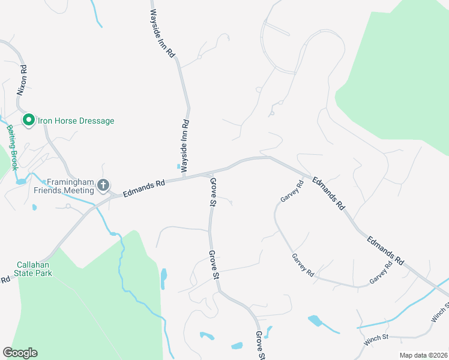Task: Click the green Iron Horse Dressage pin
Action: pos(28,121)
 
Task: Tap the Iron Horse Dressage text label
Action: pos(76,121)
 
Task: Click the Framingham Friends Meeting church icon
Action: pos(103,184)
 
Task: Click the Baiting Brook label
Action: pos(11,145)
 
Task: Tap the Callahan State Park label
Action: pos(34,268)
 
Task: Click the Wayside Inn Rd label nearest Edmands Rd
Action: pos(185,146)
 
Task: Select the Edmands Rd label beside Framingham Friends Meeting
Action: pos(143,187)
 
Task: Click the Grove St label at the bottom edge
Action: pos(261,345)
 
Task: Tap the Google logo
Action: pos(20,353)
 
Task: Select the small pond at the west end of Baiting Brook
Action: pos(21,181)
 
